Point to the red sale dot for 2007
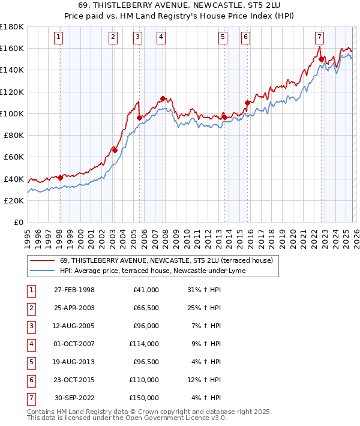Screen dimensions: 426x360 163,98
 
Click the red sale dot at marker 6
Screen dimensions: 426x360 247,103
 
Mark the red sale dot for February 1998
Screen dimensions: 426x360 60,178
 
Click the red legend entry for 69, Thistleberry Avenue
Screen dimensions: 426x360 166,260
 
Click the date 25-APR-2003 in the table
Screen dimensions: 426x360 74,308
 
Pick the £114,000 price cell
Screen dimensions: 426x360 145,344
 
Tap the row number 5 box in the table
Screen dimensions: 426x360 30,362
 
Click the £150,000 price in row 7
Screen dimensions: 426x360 145,398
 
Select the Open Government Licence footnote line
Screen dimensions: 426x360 127,418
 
